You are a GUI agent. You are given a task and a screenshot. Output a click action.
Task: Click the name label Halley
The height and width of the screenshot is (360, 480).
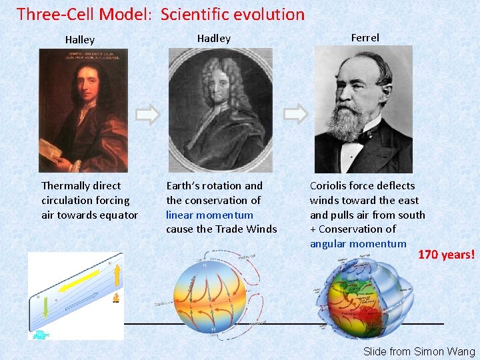coord(80,40)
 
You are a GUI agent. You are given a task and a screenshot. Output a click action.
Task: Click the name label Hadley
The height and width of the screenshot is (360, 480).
coord(213,39)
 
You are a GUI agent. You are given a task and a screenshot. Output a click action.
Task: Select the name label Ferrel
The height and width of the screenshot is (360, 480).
coord(365,38)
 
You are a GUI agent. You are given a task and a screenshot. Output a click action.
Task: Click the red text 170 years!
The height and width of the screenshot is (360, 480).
coord(446,254)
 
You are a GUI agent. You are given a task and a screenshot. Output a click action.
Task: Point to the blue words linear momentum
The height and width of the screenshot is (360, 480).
coord(209,215)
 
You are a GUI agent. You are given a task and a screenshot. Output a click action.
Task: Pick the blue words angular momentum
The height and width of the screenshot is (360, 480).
coord(357,244)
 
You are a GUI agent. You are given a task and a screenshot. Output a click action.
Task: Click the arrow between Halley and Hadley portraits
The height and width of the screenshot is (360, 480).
coord(148,114)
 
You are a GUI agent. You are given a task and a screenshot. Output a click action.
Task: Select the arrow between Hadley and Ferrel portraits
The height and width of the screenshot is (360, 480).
coord(295,114)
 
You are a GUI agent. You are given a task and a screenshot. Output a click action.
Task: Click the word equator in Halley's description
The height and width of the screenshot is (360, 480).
coord(119,215)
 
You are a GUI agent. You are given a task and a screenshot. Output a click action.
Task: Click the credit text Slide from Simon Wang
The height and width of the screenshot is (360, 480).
coord(419,351)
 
